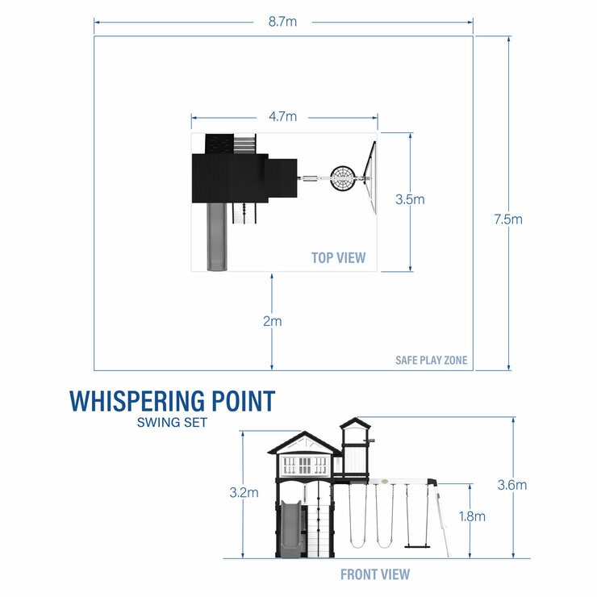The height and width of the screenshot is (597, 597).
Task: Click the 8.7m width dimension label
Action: (x=282, y=22)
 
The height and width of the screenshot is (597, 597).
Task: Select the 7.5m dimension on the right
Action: (x=509, y=219)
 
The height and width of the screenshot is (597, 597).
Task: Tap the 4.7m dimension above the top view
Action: (x=282, y=117)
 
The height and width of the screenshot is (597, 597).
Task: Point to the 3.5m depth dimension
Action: (x=411, y=199)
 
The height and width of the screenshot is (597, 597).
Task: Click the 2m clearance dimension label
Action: (x=272, y=321)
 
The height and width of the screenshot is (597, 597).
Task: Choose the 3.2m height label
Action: (x=244, y=491)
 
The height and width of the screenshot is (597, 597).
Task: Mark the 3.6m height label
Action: (x=512, y=485)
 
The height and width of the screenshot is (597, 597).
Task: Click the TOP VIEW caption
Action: (x=339, y=258)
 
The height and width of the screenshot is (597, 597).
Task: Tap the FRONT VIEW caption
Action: (x=374, y=574)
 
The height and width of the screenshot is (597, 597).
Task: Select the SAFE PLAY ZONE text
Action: (x=431, y=361)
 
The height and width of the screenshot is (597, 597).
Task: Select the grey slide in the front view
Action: (x=290, y=528)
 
